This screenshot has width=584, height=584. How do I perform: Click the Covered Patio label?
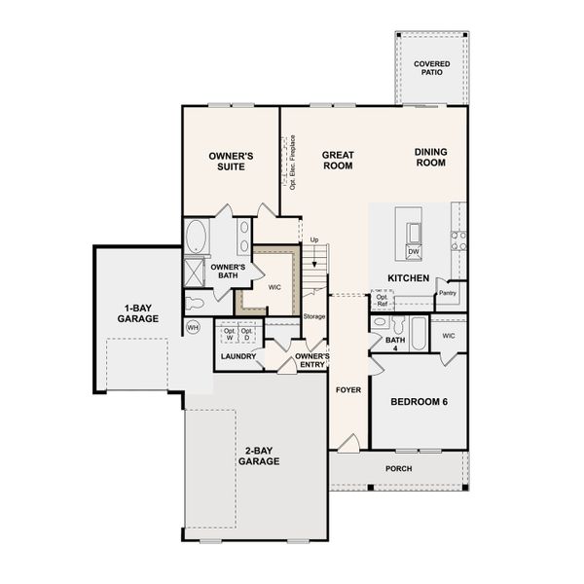[x=431, y=68]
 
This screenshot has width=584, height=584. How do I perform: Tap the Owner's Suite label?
[x=231, y=162]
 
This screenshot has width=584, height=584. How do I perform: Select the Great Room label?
[x=338, y=161]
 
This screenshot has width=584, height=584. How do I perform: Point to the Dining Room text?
[x=431, y=157]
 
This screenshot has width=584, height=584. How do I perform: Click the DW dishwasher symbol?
[x=414, y=252]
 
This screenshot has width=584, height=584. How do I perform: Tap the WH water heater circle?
[x=193, y=328]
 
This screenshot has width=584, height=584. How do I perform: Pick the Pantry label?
[x=448, y=293]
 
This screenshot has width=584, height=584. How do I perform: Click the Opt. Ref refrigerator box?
[x=383, y=300]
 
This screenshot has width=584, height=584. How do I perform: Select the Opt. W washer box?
[x=230, y=334]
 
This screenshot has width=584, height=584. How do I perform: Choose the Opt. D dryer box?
[x=246, y=334]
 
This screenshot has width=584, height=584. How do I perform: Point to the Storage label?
[x=314, y=316]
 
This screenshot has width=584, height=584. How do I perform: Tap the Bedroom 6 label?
[x=419, y=401]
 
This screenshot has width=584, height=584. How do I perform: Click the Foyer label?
[x=348, y=390]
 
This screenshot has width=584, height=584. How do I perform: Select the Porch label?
[x=398, y=468]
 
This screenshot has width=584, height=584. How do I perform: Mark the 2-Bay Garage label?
[x=259, y=456]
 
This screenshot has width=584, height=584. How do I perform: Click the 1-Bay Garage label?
[x=138, y=313]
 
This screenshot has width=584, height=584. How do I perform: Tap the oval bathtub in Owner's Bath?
[x=197, y=237]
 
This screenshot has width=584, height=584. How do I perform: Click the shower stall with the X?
[x=195, y=273]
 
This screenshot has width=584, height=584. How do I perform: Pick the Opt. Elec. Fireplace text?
[x=293, y=163]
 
